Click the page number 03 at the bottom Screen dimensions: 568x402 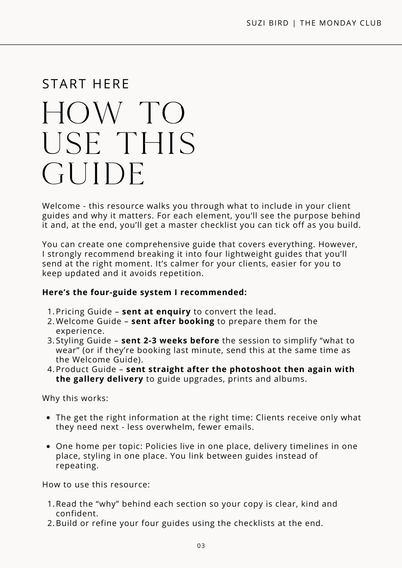pos(201,546)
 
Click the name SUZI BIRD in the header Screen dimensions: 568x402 pos(268,23)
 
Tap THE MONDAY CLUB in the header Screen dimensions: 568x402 pos(341,23)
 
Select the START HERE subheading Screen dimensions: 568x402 pos(86,84)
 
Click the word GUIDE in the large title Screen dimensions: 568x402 pos(94,174)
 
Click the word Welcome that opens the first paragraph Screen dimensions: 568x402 pos(61,206)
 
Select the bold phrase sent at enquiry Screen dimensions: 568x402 pos(156,312)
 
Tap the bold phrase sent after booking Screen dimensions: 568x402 pos(173,321)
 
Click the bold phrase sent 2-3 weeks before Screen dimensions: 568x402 pos(170,340)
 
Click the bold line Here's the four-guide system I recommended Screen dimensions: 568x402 pos(144,292)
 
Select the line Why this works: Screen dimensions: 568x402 pos(75,398)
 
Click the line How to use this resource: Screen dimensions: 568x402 pos(96,485)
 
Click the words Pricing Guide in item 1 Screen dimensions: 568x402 pos(84,312)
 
